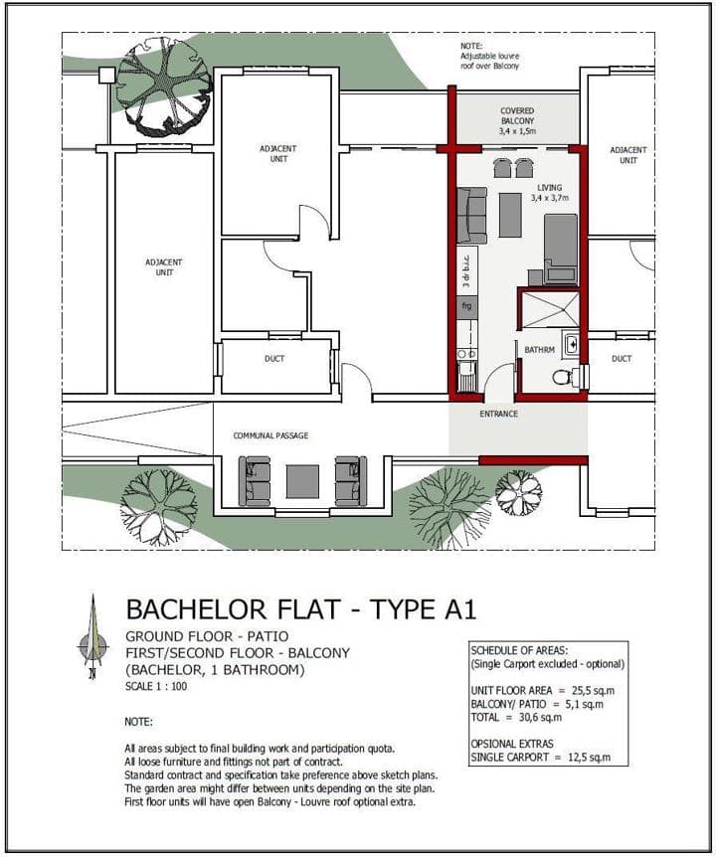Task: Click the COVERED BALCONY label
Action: point(517,120)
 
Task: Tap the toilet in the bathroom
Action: point(564,377)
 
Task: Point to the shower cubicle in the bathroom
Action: point(550,310)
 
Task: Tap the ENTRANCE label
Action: point(498,414)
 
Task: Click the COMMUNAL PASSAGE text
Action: point(270,435)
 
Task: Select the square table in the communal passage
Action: point(302,481)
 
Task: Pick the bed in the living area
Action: point(561,250)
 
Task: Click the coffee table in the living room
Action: point(510,215)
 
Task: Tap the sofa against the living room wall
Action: point(471,216)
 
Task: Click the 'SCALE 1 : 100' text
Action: point(156,686)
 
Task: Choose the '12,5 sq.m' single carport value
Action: point(589,758)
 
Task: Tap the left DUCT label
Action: point(274,359)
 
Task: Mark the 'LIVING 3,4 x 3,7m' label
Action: point(549,193)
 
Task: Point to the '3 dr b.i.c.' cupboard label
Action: point(467,271)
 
